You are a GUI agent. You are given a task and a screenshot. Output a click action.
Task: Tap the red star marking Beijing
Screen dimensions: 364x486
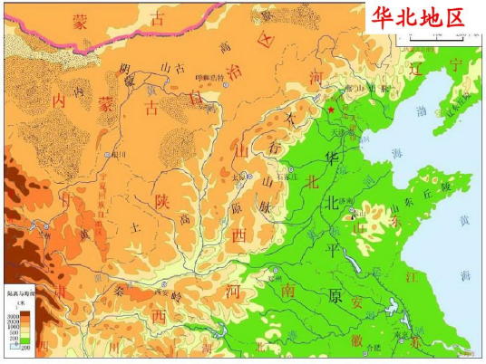tap(332, 110)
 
